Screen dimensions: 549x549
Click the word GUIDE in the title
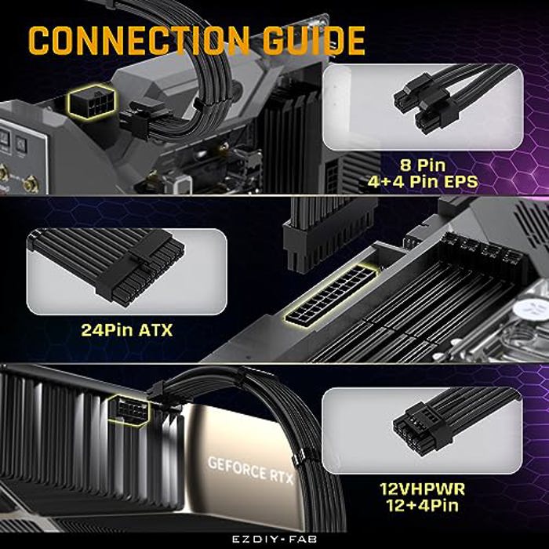[x=314, y=40]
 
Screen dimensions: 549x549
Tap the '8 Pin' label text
[x=423, y=165]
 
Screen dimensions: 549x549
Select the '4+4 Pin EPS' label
[x=423, y=181]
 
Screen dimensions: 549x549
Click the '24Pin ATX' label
[x=127, y=330]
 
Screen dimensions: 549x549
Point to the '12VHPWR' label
[x=423, y=489]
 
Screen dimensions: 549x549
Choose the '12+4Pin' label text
[x=423, y=505]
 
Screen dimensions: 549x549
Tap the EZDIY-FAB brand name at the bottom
[x=274, y=540]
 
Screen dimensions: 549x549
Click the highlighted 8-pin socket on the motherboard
[x=92, y=101]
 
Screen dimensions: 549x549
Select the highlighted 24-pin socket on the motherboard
[x=332, y=295]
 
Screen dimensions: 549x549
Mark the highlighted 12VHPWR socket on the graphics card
[x=129, y=409]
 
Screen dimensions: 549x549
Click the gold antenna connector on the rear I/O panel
[x=31, y=184]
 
